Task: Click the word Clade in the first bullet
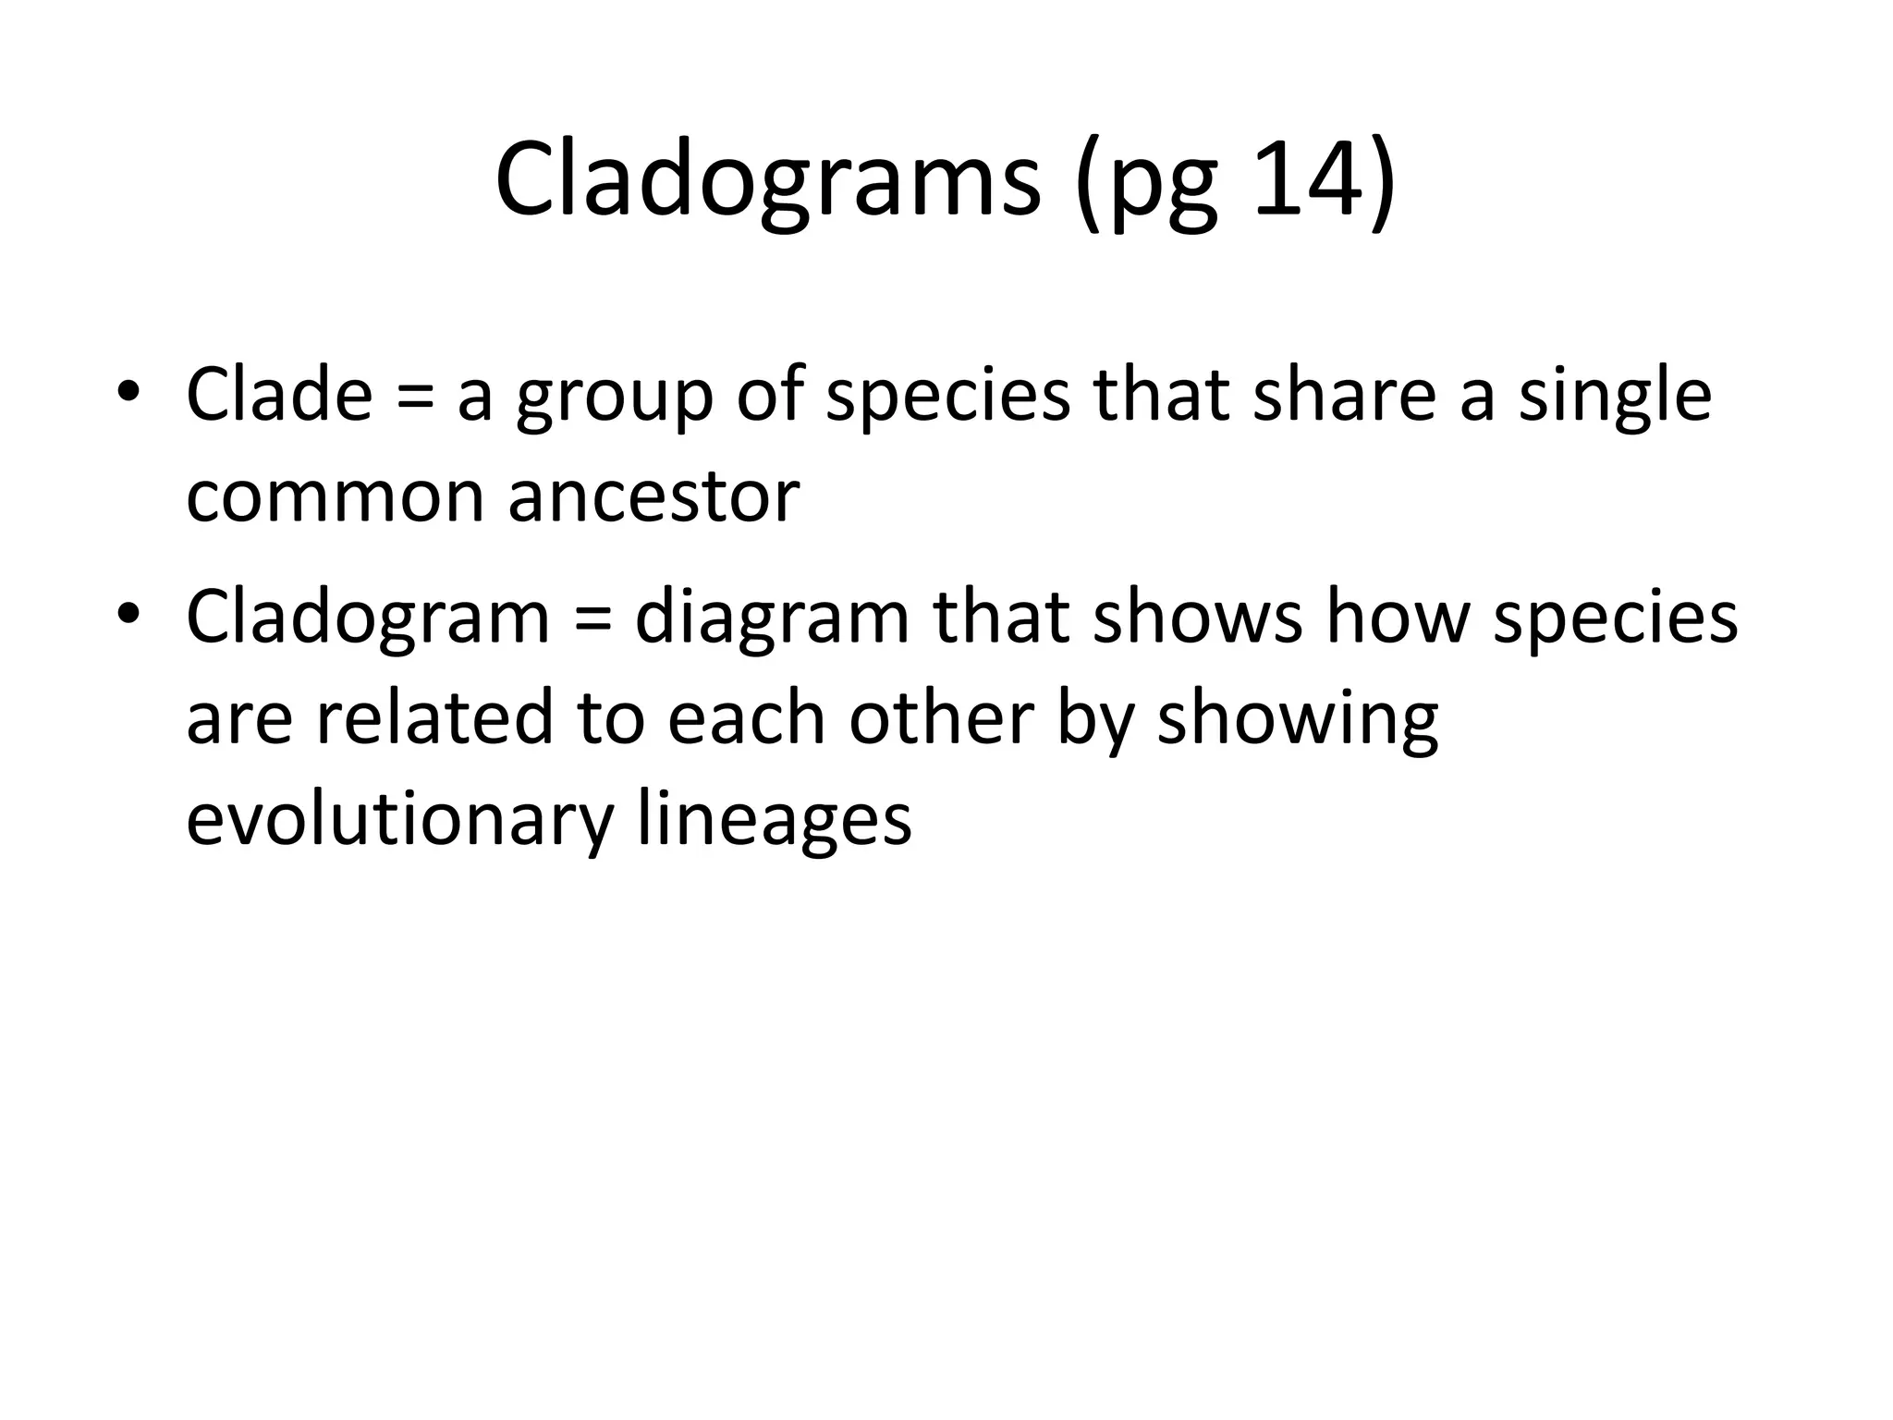279,395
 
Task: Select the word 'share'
1344,395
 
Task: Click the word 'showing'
1298,724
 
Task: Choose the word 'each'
746,718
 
